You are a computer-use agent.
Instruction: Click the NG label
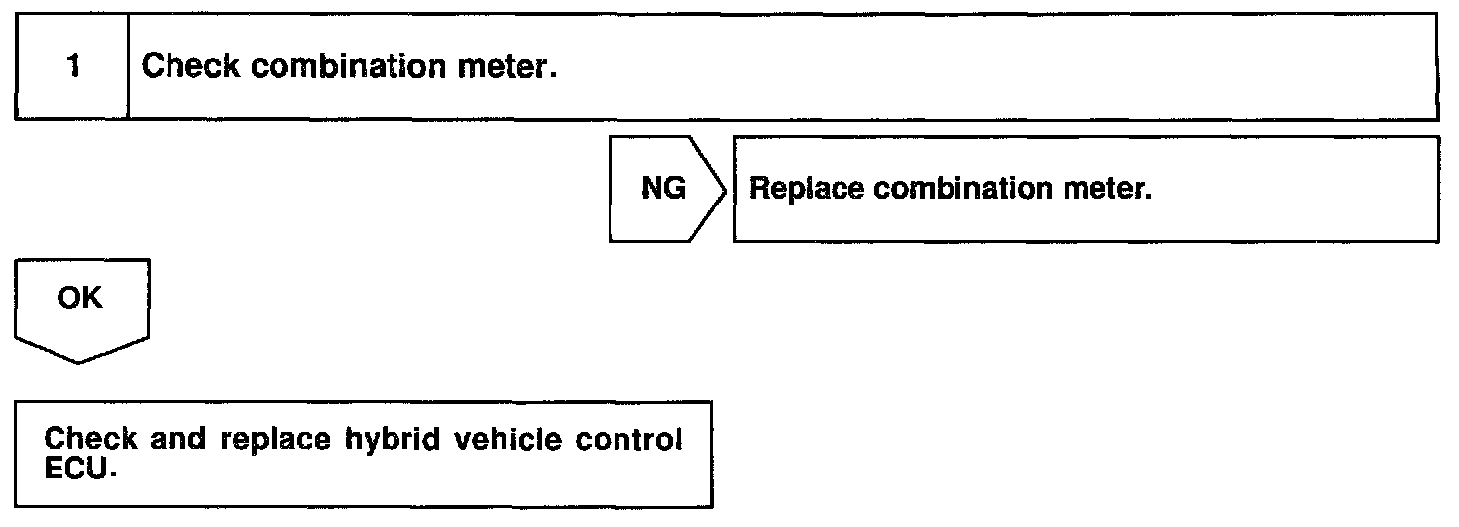tap(663, 189)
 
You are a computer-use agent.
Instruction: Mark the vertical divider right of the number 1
tap(130, 68)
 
